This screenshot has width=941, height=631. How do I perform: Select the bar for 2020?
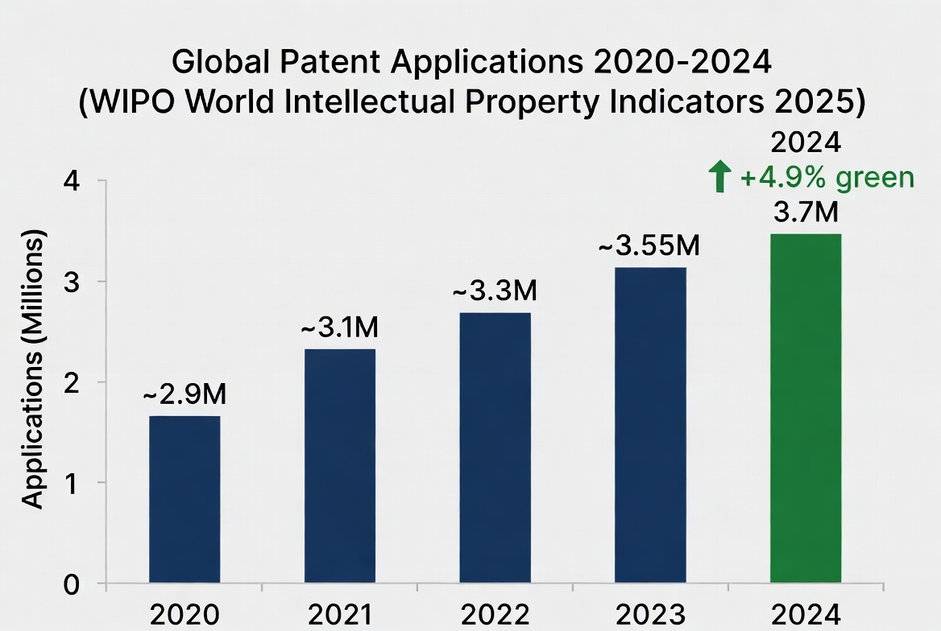pos(184,499)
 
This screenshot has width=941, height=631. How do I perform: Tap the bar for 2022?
pos(495,447)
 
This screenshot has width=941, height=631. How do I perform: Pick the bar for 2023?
pos(651,425)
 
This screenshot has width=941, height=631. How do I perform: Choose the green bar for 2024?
pos(806,408)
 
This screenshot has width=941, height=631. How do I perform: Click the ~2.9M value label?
pos(184,395)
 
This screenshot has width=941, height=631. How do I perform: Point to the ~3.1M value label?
pos(339,328)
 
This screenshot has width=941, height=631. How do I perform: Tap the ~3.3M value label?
pos(495,291)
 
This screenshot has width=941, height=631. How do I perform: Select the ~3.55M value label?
pos(649,246)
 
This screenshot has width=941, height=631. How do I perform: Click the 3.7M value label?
pos(806,213)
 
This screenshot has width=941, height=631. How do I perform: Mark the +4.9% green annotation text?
pos(827,178)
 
